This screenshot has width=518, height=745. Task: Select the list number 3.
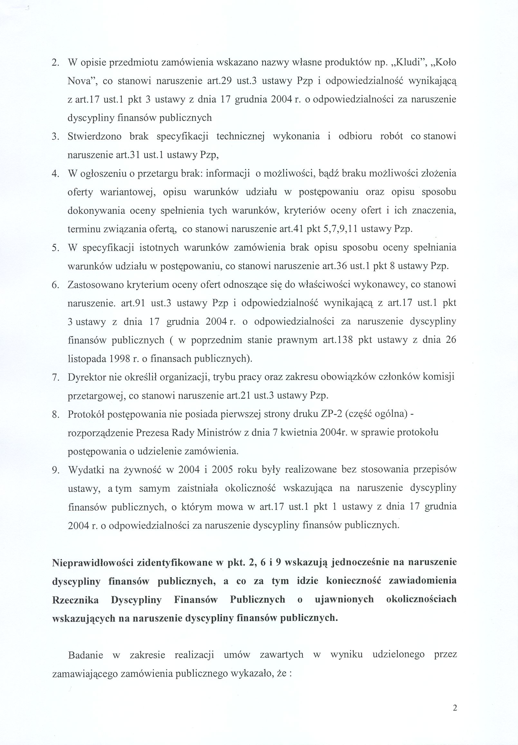(55, 137)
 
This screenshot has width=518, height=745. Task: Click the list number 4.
(55, 174)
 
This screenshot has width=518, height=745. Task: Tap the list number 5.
(55, 248)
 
